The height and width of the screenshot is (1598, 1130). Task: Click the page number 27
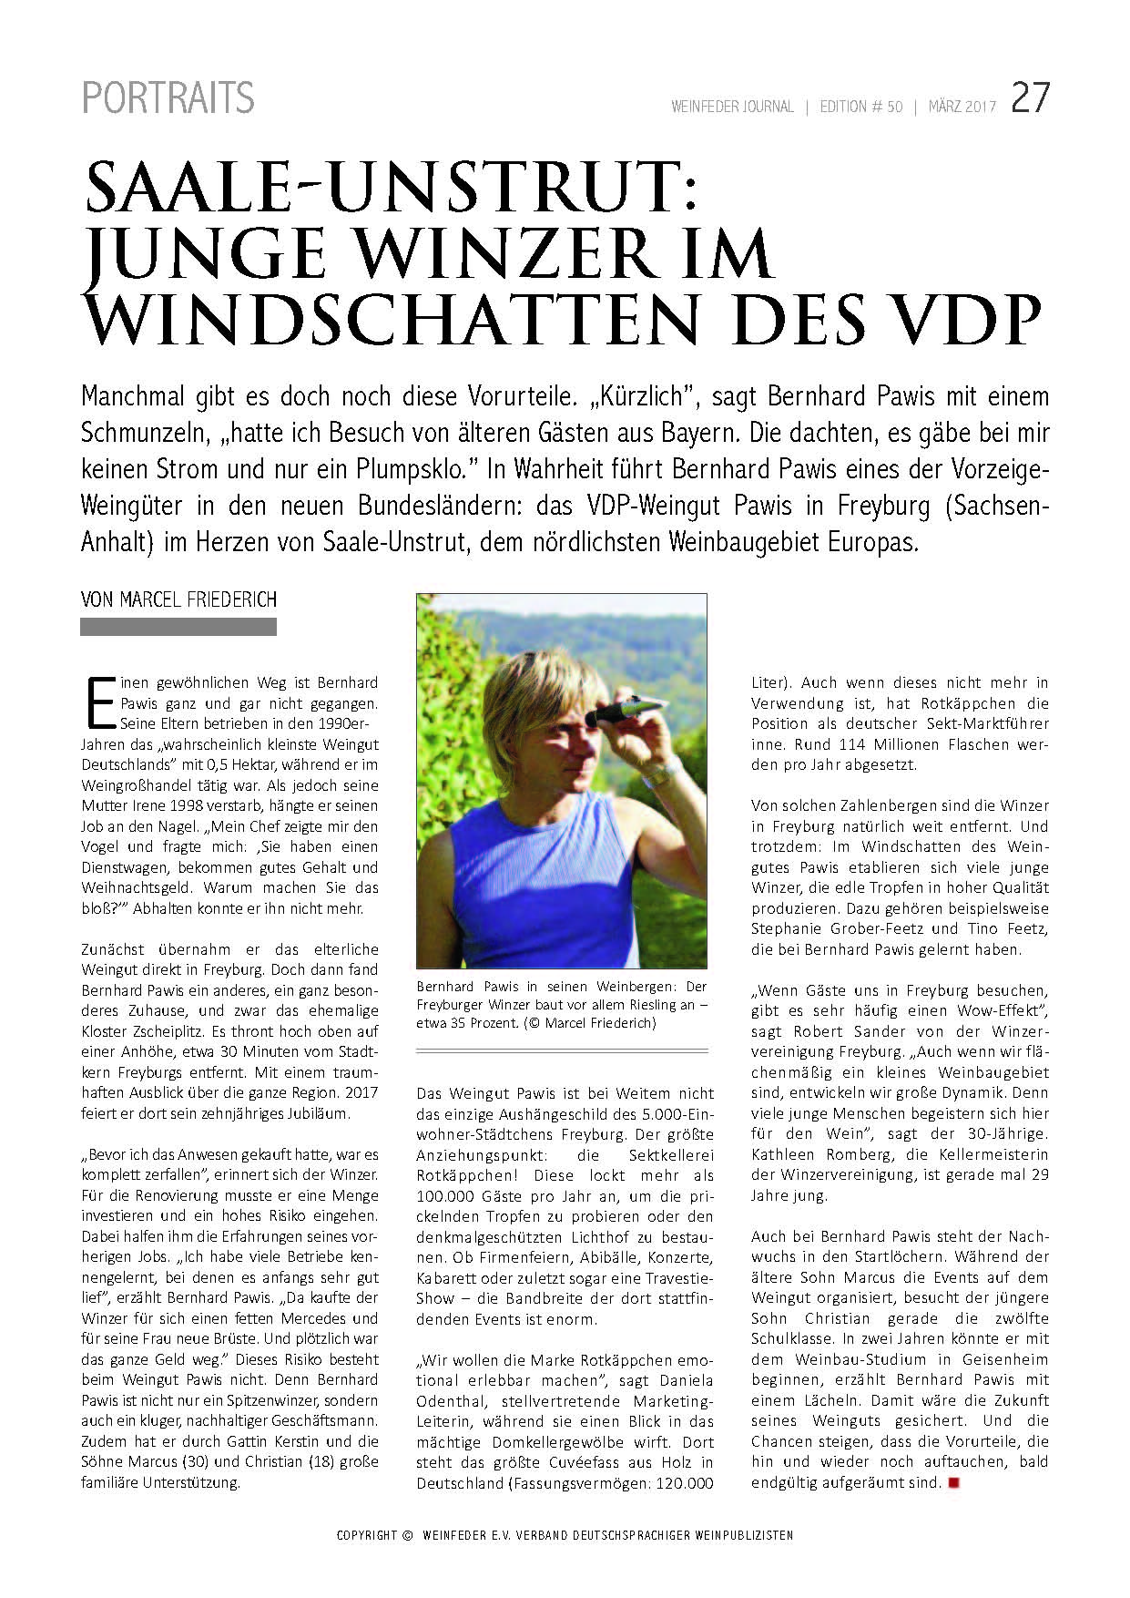(1030, 98)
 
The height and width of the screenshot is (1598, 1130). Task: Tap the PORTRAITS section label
(168, 98)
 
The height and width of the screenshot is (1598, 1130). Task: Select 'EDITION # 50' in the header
(860, 108)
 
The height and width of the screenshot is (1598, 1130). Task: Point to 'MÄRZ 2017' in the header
(962, 108)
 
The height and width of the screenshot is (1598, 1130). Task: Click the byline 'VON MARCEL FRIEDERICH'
(178, 599)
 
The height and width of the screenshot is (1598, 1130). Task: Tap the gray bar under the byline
(178, 627)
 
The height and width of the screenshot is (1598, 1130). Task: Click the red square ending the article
(954, 1483)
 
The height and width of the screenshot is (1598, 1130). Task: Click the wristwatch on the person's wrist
(662, 773)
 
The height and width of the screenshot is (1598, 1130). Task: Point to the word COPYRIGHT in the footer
(367, 1535)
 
